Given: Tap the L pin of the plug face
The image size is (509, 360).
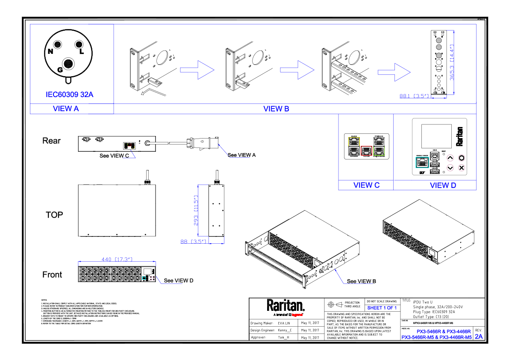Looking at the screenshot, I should pyautogui.click(x=79, y=45).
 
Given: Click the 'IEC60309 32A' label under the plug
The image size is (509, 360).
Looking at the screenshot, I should pyautogui.click(x=69, y=94).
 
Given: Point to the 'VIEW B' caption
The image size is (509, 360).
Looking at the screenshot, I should pyautogui.click(x=276, y=109).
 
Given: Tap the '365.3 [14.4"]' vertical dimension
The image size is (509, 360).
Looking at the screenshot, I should pyautogui.click(x=452, y=63).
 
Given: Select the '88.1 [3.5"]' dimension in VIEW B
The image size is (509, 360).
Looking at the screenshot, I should pyautogui.click(x=414, y=96).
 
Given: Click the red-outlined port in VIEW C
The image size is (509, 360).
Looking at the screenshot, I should pyautogui.click(x=366, y=150).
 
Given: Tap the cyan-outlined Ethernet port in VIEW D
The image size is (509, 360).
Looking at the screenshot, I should pyautogui.click(x=422, y=162).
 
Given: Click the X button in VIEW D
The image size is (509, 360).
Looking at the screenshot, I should pyautogui.click(x=462, y=168).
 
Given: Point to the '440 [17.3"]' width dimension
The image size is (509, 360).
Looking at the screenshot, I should pyautogui.click(x=116, y=259).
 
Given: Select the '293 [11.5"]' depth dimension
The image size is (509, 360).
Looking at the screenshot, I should pyautogui.click(x=196, y=210).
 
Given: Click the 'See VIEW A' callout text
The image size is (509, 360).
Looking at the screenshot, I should pyautogui.click(x=241, y=155).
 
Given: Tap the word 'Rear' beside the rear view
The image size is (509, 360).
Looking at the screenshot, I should pyautogui.click(x=51, y=141).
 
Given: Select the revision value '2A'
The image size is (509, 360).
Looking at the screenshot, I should pyautogui.click(x=479, y=336).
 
